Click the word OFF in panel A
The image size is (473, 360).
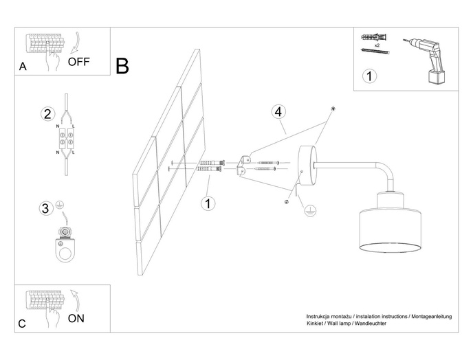pos(78,61)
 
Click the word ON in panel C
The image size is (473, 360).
pos(76,318)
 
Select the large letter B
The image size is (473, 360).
pos(122,66)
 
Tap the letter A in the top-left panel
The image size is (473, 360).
pos(23,67)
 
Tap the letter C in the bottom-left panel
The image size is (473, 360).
pos(22,323)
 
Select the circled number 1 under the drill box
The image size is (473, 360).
pos(370,76)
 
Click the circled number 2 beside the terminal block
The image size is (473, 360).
pos(47,114)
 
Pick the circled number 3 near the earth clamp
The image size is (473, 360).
pos(45,208)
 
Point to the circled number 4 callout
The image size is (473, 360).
pos(278,111)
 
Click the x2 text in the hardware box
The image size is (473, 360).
pos(377,43)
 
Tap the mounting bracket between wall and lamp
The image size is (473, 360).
pos(243,166)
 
